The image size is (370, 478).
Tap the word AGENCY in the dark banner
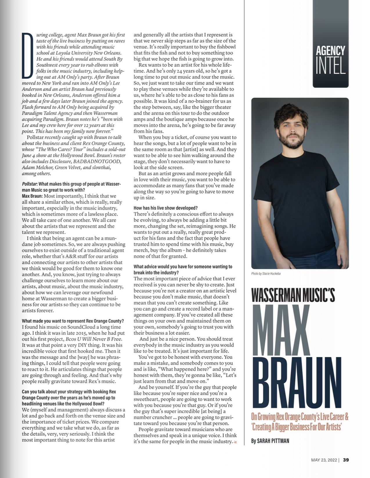331,51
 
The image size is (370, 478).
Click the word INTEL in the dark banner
331,66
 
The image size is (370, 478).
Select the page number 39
346,460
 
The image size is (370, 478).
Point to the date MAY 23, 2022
324,460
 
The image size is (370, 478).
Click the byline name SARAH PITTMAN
273,441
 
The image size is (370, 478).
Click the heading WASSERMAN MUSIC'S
293,295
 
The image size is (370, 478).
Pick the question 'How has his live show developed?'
165,208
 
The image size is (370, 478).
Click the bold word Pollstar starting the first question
29,184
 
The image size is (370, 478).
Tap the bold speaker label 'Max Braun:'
32,196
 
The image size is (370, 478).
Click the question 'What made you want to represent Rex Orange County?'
73,321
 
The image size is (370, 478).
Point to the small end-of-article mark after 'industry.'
235,442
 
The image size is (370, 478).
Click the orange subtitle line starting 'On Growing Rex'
299,417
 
